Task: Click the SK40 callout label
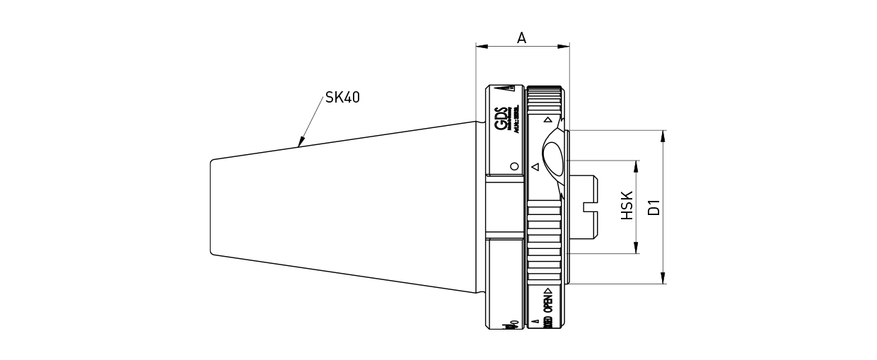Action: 342,98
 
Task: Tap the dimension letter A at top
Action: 521,38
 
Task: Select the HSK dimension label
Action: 627,206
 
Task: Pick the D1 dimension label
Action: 654,207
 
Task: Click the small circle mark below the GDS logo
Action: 514,166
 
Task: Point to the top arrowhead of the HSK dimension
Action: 637,166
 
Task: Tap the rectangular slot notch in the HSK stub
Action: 588,207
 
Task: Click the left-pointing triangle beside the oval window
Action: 535,167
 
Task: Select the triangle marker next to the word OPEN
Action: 547,291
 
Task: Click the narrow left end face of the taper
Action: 211,207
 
